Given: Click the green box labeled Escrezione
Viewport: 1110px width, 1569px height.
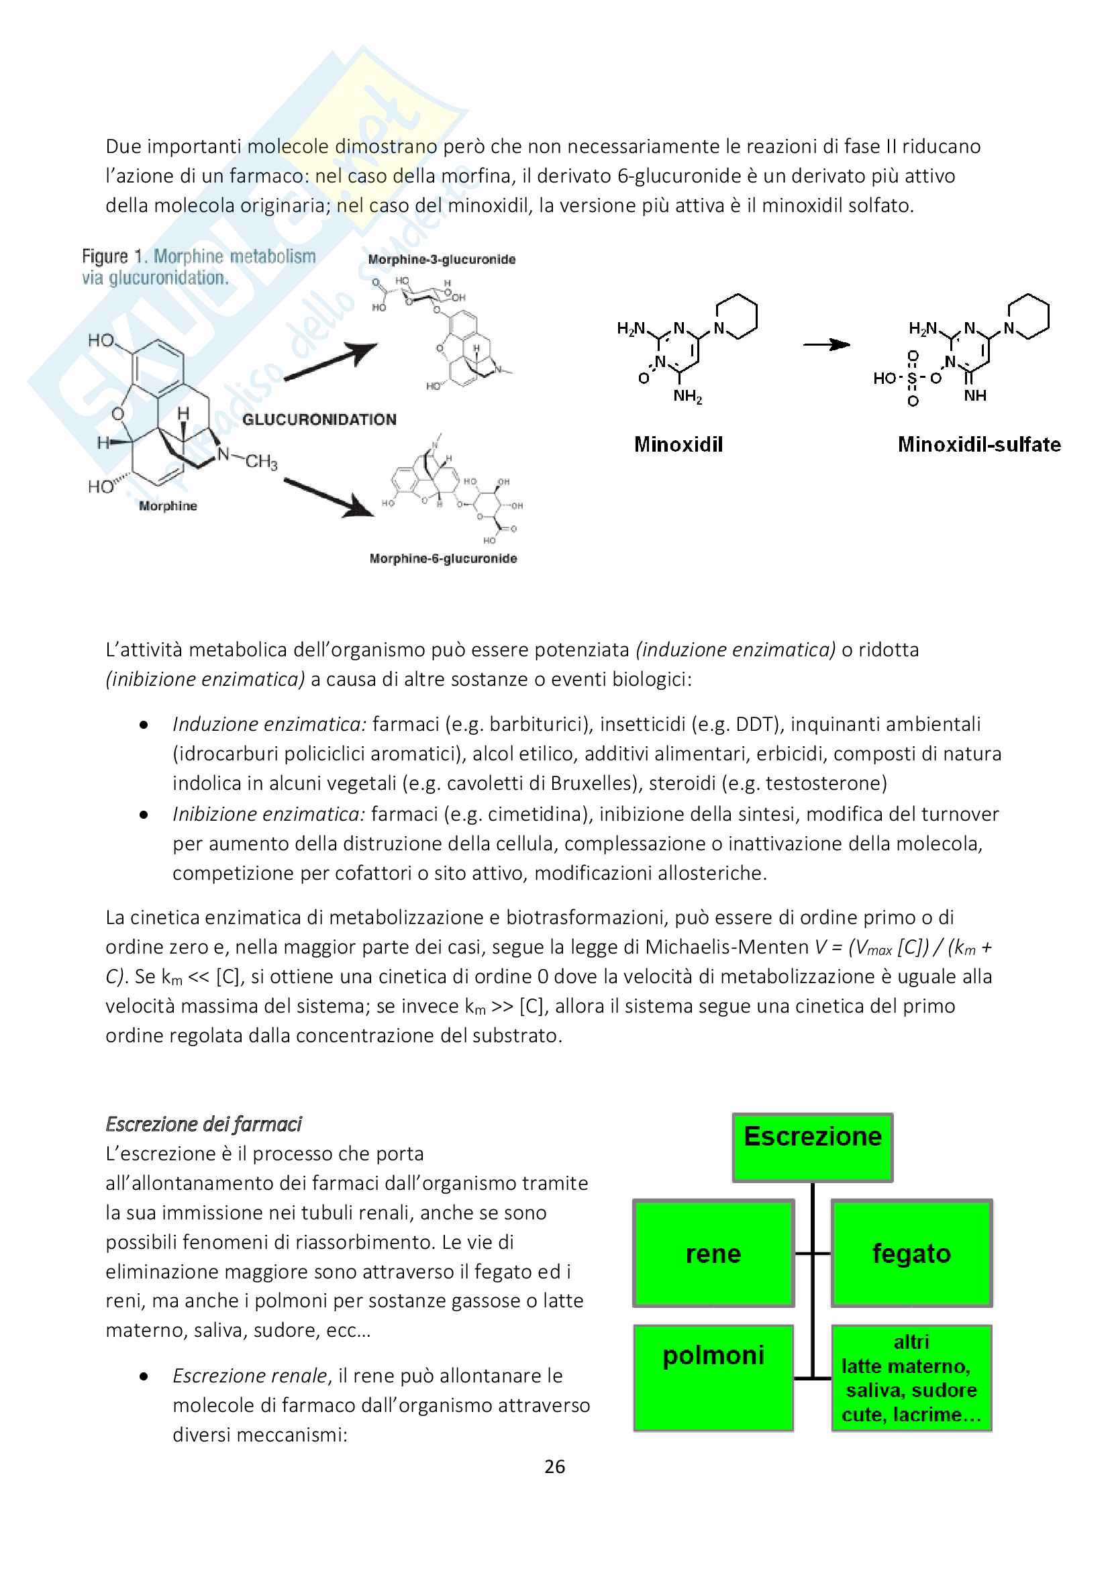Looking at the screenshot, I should (x=812, y=1148).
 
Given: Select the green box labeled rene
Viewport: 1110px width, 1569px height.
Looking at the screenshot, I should (x=713, y=1254).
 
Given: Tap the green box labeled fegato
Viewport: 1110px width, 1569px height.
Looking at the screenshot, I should (x=911, y=1254).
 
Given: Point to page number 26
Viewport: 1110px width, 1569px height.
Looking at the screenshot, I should (x=554, y=1467).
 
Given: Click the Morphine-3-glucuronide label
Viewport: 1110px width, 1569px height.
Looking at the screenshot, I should (x=442, y=260).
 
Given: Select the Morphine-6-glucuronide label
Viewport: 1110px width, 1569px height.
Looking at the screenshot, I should (x=443, y=559).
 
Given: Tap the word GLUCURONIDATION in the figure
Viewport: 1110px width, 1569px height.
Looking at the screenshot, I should (x=319, y=419).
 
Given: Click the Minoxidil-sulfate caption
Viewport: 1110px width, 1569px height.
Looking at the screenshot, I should (x=978, y=445).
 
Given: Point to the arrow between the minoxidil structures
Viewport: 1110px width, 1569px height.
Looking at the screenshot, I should (x=825, y=345).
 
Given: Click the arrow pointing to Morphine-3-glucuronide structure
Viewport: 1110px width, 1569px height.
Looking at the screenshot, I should (x=331, y=362).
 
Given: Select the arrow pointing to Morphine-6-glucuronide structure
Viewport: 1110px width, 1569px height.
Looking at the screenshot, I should (x=330, y=497).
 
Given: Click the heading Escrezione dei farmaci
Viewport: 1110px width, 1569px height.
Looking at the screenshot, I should (x=203, y=1124).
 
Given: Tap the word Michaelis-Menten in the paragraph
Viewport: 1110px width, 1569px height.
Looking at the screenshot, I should (x=727, y=947).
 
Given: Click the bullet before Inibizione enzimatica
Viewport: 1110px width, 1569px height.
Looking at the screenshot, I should (x=144, y=815).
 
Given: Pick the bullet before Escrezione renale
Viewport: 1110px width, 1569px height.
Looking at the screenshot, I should (x=144, y=1376).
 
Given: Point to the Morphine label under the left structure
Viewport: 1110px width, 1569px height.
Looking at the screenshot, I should (x=168, y=507).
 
